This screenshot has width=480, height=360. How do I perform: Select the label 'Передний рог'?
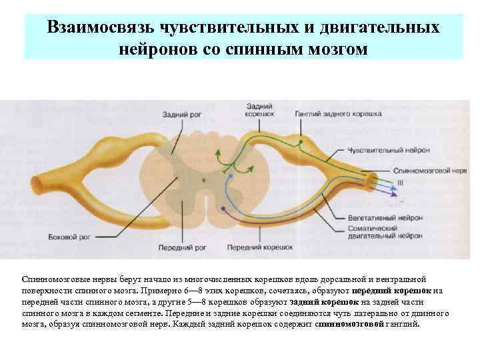(182, 247)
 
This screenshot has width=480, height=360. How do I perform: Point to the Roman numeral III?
(400, 182)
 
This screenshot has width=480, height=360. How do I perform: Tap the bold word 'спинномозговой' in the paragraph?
(350, 324)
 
